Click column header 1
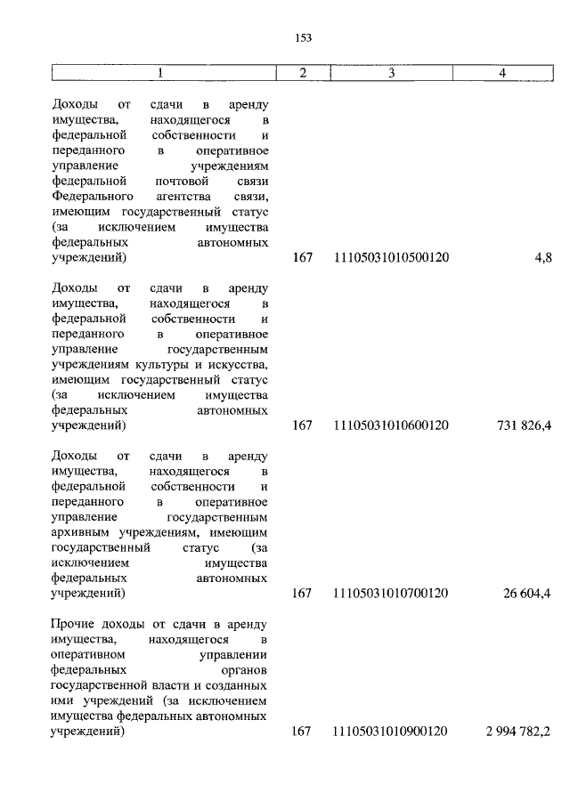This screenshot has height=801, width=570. tap(161, 72)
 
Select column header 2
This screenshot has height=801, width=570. tap(302, 72)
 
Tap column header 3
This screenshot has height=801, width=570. tap(391, 72)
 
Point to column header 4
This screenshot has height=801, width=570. tap(502, 72)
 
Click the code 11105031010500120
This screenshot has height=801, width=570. tap(391, 258)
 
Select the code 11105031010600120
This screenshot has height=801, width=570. tap(391, 425)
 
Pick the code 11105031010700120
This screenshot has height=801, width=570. tap(391, 593)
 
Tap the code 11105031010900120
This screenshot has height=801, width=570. tap(391, 732)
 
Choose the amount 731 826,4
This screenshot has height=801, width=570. tap(524, 425)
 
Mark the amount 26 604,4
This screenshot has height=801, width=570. tap(527, 593)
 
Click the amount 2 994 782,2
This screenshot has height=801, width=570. tap(518, 732)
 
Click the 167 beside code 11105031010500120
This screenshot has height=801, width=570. tap(302, 258)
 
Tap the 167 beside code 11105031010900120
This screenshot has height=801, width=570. tap(302, 732)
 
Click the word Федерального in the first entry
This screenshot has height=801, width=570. tap(93, 195)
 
